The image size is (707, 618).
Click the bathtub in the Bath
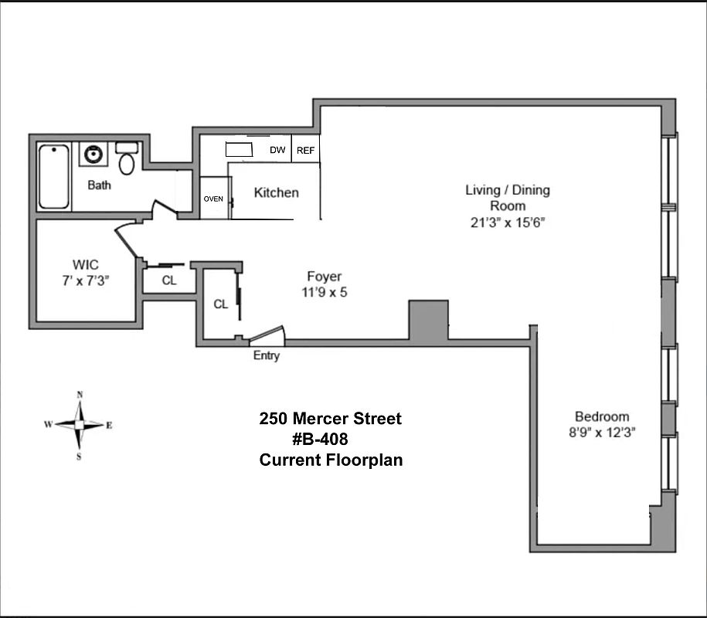pos(54,176)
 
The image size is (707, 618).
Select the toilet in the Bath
pos(127,161)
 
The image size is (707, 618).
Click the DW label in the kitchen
pos(277,151)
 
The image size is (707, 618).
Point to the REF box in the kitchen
pos(305,151)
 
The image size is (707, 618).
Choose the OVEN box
pos(213,199)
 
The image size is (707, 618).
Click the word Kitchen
pos(276,192)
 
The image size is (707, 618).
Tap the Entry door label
pos(267,356)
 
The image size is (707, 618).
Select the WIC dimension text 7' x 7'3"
pos(87,280)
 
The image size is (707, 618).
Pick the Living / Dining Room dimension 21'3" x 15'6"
pos(508,222)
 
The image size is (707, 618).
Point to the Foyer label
pos(324,277)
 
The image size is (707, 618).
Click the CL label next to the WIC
pos(169,280)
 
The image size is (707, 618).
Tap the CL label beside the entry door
pos(221,304)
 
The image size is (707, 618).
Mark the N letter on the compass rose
pos(80,395)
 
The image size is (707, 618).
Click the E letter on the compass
pos(109,425)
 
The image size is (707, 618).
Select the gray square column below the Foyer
pos(428,320)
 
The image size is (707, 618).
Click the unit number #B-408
pos(320,440)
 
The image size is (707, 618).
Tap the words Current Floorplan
pos(331,460)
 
